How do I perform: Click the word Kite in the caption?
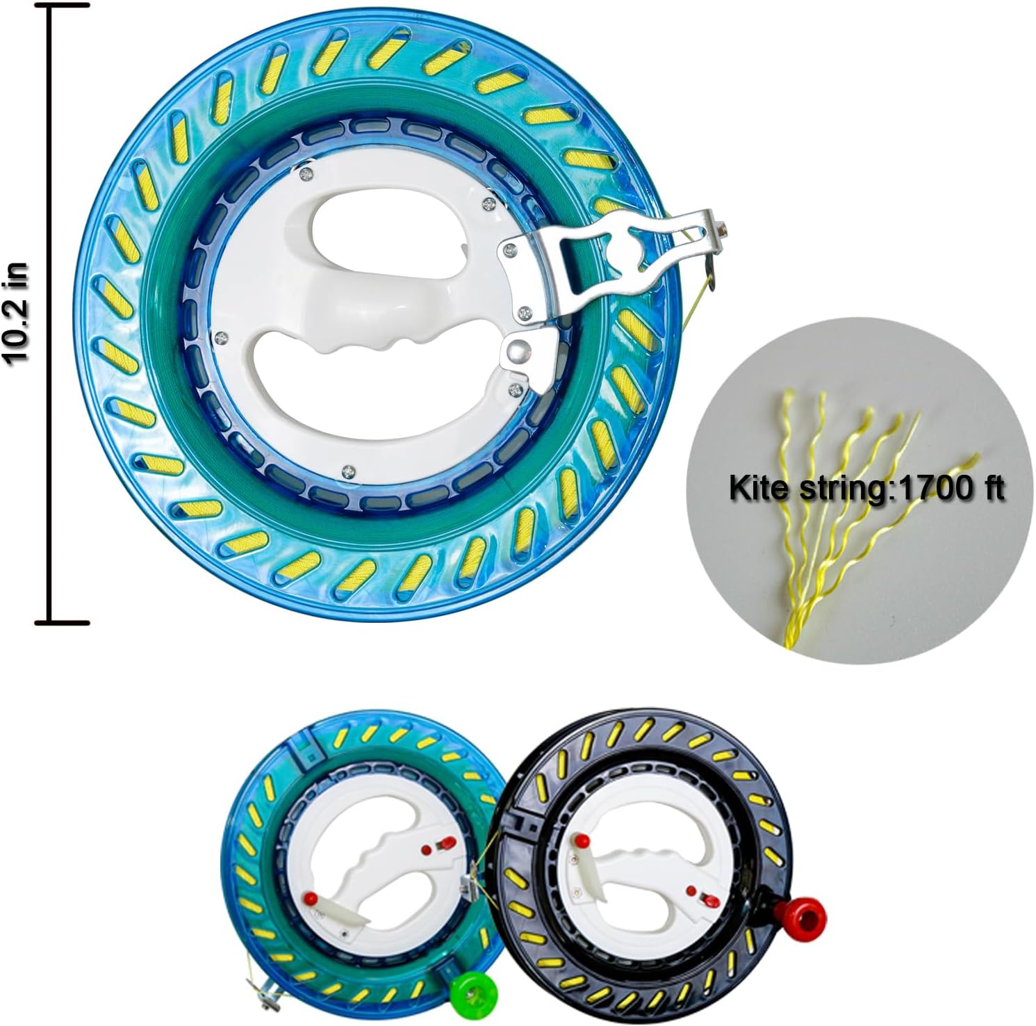pos(759,488)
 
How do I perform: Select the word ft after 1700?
pos(989,488)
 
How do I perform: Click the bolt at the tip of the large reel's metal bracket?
pos(723,227)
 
